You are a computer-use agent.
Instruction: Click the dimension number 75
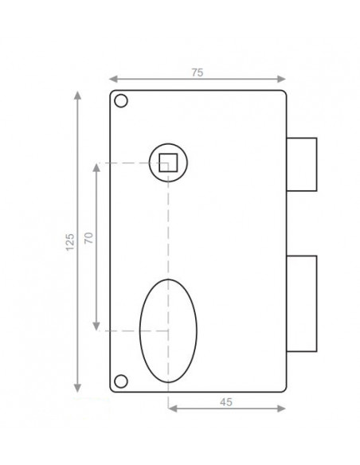tap(198, 72)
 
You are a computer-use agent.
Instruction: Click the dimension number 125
tap(69, 241)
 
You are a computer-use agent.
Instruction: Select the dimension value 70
tap(88, 240)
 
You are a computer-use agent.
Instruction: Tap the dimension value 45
tap(225, 402)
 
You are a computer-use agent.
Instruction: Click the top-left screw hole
tap(121, 102)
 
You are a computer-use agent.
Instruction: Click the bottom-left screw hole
tap(121, 379)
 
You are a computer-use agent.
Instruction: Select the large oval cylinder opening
tap(168, 330)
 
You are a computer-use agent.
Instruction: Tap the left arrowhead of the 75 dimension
tap(112, 80)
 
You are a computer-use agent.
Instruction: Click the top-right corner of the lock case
tap(285, 92)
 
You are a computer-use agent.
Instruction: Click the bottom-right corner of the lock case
tap(285, 391)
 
